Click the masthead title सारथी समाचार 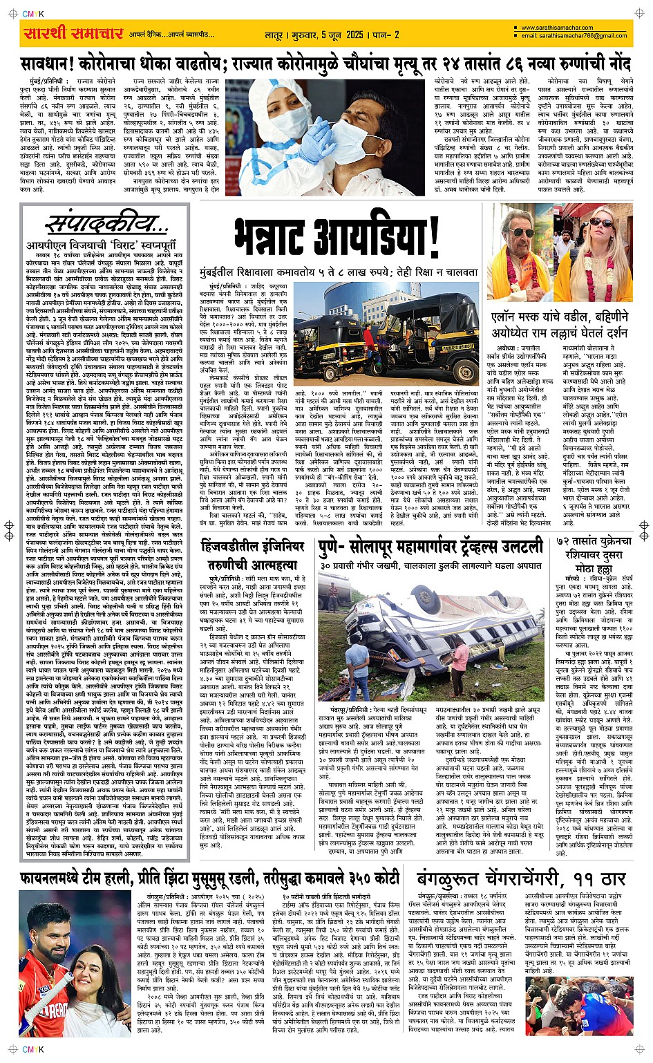(x=73, y=32)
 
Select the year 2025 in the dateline (x=354, y=34)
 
